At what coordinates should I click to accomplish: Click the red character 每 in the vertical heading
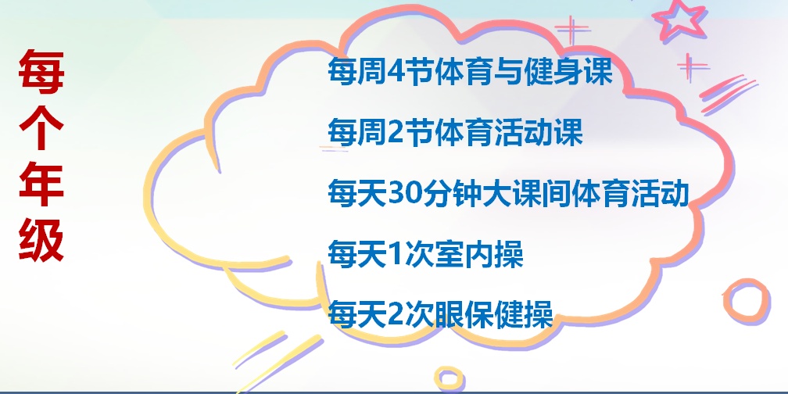(41, 72)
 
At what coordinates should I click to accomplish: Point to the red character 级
(41, 240)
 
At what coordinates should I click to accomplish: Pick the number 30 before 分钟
(405, 194)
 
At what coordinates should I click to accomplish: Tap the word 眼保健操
(494, 315)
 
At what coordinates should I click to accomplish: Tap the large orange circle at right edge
(747, 300)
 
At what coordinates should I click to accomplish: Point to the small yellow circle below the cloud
(449, 378)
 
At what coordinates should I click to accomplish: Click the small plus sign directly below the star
(692, 67)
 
